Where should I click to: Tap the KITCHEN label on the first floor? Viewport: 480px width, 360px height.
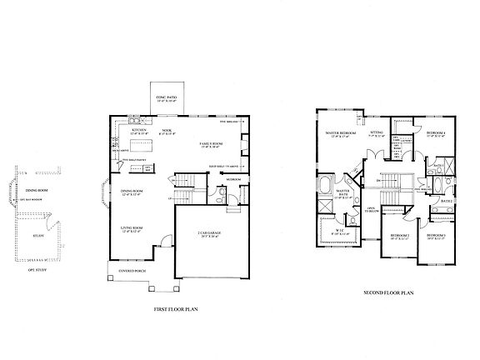(x=138, y=130)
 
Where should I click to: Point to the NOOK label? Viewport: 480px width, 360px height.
(x=166, y=130)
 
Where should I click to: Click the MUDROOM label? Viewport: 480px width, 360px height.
(x=234, y=179)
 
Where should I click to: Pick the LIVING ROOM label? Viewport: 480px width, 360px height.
(x=132, y=227)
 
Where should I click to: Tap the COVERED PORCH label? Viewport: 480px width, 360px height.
(x=132, y=269)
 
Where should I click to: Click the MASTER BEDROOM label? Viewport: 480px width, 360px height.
(x=341, y=133)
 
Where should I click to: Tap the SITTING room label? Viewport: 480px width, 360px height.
(x=377, y=132)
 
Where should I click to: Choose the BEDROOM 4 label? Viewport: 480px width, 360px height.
(x=436, y=133)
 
